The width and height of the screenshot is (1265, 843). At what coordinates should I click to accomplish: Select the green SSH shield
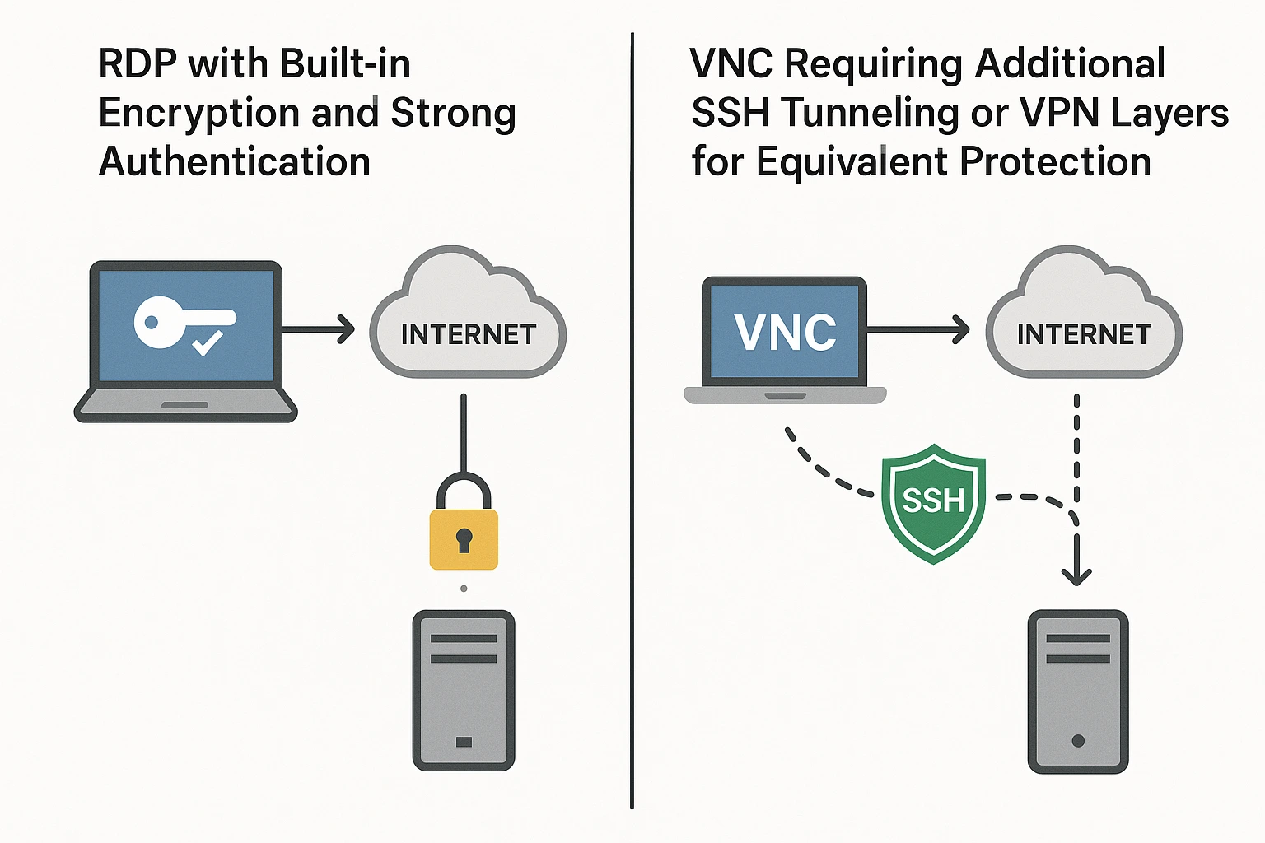pos(933,502)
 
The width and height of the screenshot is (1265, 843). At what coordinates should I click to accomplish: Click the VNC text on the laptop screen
pos(785,333)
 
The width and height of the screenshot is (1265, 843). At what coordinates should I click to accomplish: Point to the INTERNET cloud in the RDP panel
pos(468,321)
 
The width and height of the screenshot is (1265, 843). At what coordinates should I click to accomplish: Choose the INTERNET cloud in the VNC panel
pos(1084,321)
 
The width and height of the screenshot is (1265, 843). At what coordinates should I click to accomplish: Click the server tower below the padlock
pos(464,690)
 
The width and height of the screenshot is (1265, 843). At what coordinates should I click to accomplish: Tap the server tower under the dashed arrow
pos(1078,692)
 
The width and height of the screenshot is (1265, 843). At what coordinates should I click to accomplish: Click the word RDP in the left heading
pos(137,64)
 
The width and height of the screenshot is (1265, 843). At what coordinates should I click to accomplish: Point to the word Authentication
pos(235,162)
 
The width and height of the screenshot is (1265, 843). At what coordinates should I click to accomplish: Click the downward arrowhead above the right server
pos(1076,574)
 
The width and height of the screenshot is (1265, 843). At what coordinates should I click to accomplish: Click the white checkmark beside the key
pos(207,341)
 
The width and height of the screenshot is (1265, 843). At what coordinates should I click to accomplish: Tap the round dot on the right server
pos(1078,741)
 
